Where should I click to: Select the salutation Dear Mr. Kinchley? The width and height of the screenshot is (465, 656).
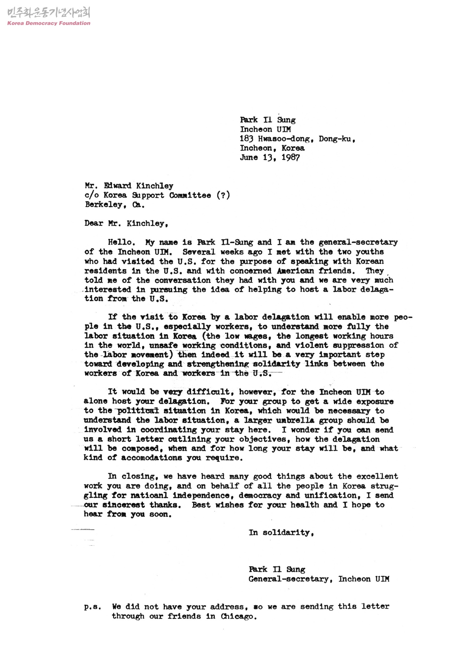point(124,223)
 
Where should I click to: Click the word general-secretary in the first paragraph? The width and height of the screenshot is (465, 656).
point(358,242)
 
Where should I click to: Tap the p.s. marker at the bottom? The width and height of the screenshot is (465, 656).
point(93,607)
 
